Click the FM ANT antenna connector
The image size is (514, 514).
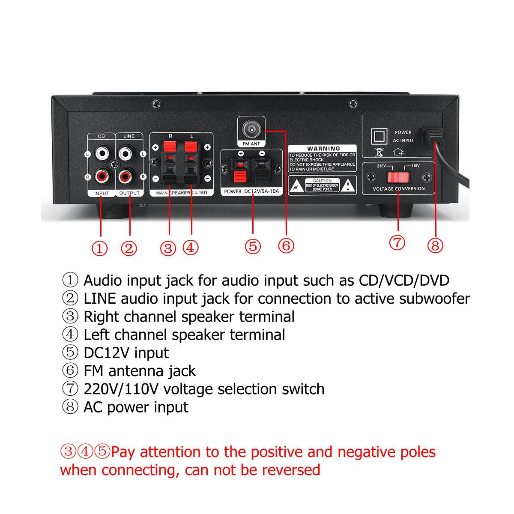pos(251,128)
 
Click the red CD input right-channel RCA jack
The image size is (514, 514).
pos(102,176)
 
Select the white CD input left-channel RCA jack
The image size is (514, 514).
pos(102,152)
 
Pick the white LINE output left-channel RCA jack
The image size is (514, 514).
pos(126,152)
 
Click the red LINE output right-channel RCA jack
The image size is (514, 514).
pos(126,176)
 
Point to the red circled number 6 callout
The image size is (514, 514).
pos(286,245)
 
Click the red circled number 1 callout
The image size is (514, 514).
pos(100,248)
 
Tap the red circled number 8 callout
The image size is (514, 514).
pos(435,245)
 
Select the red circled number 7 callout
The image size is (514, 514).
pos(397,242)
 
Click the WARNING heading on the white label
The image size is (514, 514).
pos(323,149)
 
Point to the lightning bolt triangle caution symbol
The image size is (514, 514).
pos(296,186)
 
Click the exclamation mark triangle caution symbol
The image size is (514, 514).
pos(349,185)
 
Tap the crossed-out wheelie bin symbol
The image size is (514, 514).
pos(379,152)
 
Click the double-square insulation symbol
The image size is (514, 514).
pos(379,137)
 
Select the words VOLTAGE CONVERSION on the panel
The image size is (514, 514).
pos(398,189)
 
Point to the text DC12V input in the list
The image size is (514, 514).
pos(126,353)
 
